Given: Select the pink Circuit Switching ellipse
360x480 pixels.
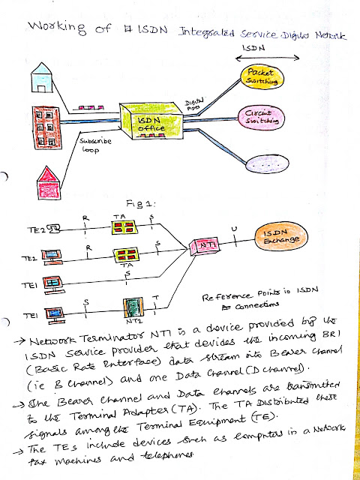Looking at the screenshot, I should pyautogui.click(x=262, y=118).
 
